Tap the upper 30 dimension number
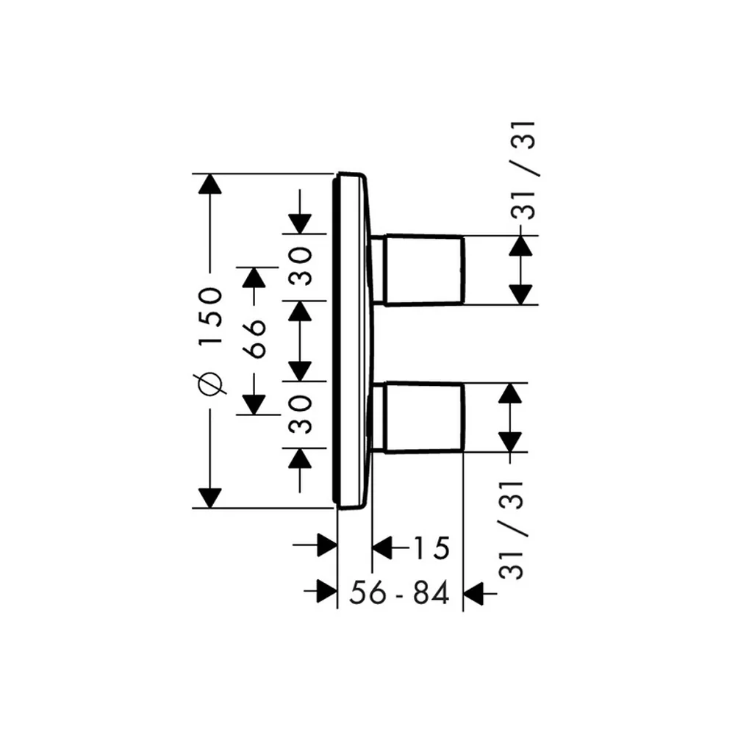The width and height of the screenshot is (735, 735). point(301,267)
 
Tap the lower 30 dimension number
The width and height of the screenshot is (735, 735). point(301,415)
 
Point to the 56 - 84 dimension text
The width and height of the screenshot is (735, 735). point(399,592)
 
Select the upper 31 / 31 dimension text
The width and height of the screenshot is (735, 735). point(524,171)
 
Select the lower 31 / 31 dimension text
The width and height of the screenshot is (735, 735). point(512,530)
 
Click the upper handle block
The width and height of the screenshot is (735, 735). point(424,270)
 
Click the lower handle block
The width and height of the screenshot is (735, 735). point(424,418)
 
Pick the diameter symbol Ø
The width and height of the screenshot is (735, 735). point(210,384)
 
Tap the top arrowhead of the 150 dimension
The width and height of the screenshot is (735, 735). point(209,184)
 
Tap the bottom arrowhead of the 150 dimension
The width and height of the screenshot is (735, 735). point(209,498)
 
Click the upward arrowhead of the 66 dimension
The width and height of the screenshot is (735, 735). point(254,277)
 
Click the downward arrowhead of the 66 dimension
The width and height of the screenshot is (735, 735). point(254,405)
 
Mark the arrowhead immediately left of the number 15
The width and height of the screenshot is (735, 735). point(382,547)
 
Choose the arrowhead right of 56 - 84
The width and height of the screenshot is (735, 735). point(473,593)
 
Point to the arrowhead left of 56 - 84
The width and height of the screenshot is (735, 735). point(327,591)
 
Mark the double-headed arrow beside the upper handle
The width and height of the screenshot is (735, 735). point(521,270)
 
